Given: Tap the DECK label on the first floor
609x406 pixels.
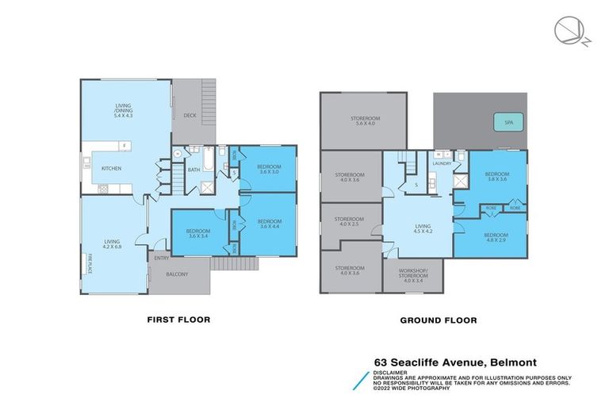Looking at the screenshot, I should click(190, 115).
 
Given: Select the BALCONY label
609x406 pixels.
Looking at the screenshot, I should click(177, 274).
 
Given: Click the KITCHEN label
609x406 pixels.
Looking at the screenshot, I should click(112, 168).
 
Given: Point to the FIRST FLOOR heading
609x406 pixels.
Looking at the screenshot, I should click(178, 320).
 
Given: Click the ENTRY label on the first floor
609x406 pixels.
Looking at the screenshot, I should click(162, 257).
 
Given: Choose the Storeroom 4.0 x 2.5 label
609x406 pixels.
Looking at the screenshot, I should click(349, 221).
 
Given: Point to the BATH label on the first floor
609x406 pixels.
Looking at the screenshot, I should click(193, 170).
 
